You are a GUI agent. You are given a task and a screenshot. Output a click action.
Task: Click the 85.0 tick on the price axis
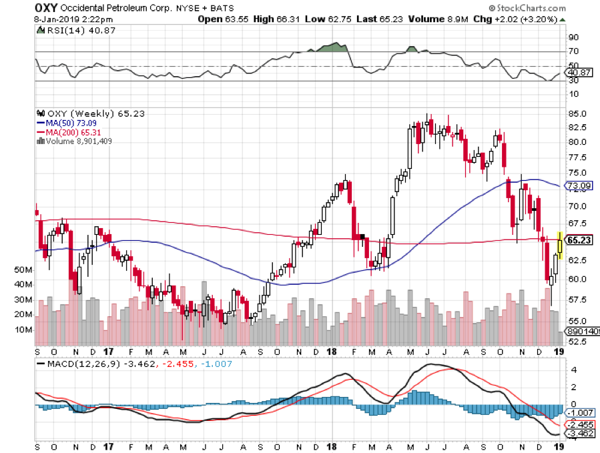[x=578, y=112]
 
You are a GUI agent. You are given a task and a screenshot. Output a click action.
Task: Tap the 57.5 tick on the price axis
[x=578, y=300]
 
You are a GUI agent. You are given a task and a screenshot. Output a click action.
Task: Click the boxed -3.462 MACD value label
[x=579, y=433]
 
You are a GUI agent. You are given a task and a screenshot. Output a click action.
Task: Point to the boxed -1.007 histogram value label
[x=579, y=413]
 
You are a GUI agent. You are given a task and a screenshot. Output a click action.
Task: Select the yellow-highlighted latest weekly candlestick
[x=560, y=246]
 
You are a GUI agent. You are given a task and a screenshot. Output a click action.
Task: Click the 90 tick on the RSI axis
[x=573, y=38]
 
